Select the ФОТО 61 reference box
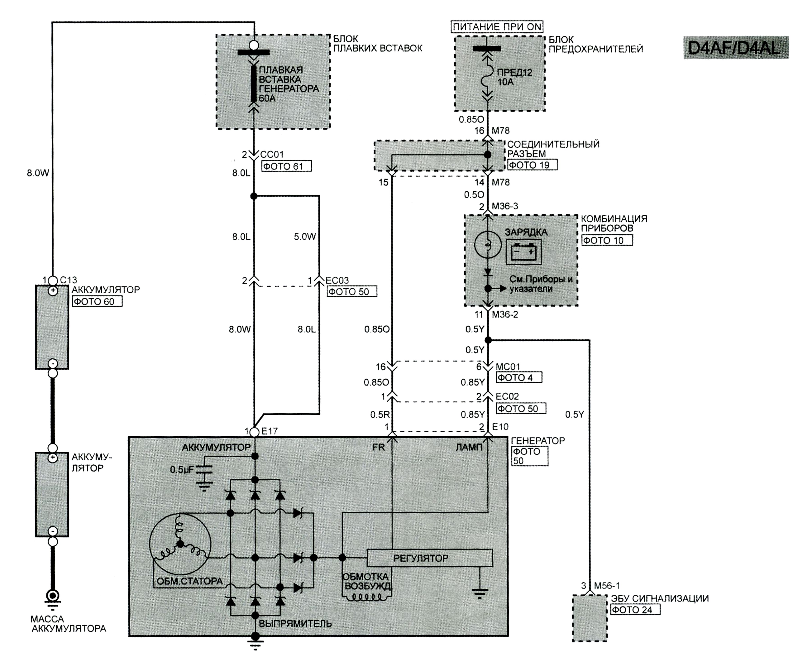point(286,166)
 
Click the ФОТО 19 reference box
point(532,165)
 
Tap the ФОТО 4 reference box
point(519,377)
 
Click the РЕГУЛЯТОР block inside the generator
point(430,558)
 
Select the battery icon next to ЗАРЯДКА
point(523,252)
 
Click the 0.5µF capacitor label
point(182,469)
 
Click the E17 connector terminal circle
point(254,432)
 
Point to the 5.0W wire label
point(305,237)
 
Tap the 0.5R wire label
point(380,415)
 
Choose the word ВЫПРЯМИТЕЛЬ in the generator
point(295,624)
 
